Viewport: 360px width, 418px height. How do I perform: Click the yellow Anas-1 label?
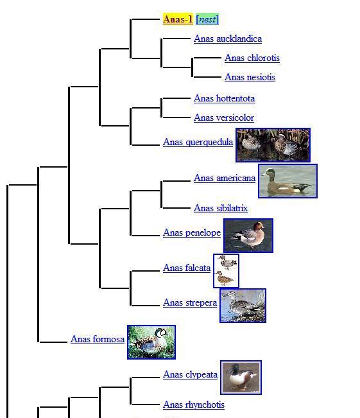(x=178, y=19)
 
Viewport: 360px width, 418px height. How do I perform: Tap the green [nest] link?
(x=207, y=19)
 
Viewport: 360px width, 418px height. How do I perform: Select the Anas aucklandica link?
(x=228, y=39)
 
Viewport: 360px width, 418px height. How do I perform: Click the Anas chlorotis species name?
(x=252, y=58)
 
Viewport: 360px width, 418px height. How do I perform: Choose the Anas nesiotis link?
(x=250, y=77)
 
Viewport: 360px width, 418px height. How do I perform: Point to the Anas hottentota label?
(x=225, y=98)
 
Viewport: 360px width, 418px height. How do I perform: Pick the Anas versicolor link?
(x=224, y=118)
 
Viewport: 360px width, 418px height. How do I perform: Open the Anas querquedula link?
(x=198, y=142)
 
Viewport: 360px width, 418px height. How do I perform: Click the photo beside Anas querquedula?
(x=273, y=145)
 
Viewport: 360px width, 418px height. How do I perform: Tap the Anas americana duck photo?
(x=287, y=181)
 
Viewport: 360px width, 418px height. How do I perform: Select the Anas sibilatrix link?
(x=221, y=208)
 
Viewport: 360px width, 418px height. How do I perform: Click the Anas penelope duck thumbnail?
(x=248, y=236)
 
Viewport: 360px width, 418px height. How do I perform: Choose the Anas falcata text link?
(x=187, y=268)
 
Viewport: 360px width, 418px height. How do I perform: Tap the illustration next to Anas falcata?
(x=226, y=271)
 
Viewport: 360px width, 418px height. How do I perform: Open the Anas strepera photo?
(x=243, y=306)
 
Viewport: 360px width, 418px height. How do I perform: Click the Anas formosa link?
(x=98, y=339)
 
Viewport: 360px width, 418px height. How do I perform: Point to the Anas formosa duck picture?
(x=151, y=342)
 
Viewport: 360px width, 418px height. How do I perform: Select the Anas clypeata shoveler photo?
(x=241, y=378)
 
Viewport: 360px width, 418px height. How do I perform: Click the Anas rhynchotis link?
(x=194, y=405)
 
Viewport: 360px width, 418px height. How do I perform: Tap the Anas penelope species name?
(x=192, y=232)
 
